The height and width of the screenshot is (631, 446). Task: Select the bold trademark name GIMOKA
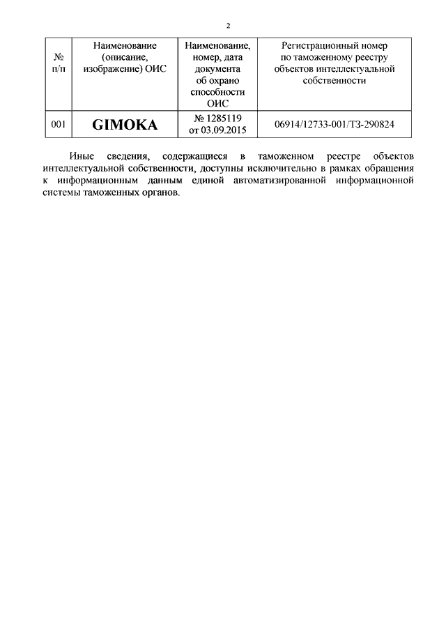(x=125, y=125)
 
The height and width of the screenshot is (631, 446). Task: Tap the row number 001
(x=59, y=125)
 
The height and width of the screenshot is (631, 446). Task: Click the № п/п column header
(x=59, y=63)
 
